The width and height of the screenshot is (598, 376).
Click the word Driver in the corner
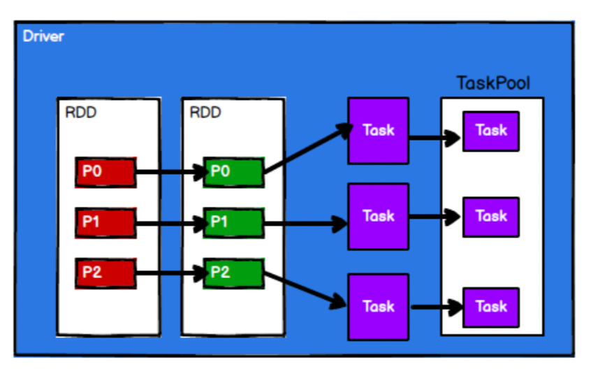tap(43, 36)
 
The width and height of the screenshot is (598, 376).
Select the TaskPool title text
tap(493, 84)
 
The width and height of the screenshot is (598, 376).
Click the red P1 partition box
tap(105, 223)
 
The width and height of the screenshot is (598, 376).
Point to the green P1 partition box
tap(233, 223)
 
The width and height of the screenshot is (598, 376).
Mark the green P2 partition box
tap(233, 273)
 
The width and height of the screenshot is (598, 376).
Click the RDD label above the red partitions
tap(81, 113)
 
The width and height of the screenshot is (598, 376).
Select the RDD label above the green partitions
tap(205, 113)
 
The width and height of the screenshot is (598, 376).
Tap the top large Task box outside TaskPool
tap(378, 131)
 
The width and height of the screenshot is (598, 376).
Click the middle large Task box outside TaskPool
tap(378, 216)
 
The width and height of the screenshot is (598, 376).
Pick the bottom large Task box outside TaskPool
tap(378, 307)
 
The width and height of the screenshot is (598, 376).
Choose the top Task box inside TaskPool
tap(491, 131)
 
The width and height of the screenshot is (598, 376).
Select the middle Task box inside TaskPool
tap(491, 217)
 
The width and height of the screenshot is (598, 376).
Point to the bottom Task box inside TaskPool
tap(491, 307)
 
